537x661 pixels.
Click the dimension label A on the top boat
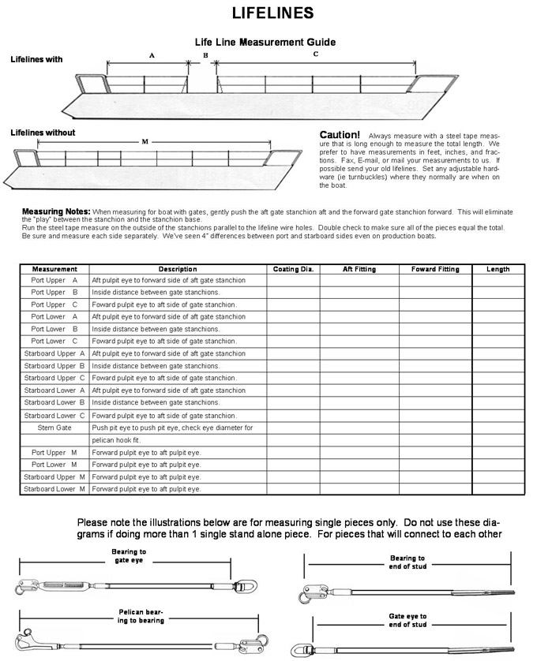tap(152, 55)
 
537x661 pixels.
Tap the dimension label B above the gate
tap(205, 54)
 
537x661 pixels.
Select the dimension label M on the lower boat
tap(145, 142)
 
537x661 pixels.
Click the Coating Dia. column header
tap(294, 269)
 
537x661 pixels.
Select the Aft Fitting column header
tap(359, 269)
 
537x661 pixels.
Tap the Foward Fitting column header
tap(435, 269)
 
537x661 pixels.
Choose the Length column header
tap(498, 269)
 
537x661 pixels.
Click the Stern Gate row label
tap(54, 428)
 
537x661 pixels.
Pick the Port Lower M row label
tap(54, 465)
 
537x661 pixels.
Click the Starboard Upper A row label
tap(54, 353)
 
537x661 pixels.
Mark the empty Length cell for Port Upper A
tap(498, 280)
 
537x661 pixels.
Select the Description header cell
tap(177, 269)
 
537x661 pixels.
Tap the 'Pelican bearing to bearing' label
tap(141, 615)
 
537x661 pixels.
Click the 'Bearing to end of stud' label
tap(407, 562)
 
